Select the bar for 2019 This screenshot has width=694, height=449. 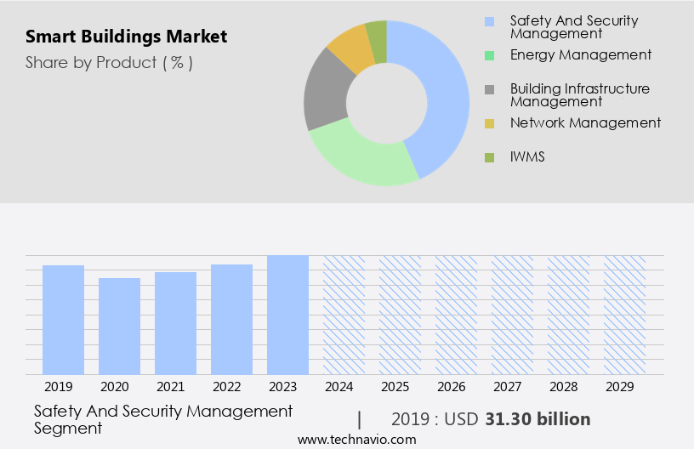(x=63, y=320)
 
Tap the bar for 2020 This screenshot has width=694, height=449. (x=119, y=326)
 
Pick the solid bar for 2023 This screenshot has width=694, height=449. (x=287, y=315)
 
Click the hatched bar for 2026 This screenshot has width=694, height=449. (x=456, y=315)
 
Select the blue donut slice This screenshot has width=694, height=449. (x=442, y=94)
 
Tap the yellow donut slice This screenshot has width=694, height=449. (x=351, y=48)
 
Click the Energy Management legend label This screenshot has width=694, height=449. (x=581, y=55)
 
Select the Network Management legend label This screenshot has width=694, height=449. (x=585, y=123)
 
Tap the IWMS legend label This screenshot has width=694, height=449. (x=527, y=157)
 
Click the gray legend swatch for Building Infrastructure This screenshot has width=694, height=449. (x=489, y=89)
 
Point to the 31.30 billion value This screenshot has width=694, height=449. (x=538, y=419)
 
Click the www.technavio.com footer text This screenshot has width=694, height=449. (x=357, y=440)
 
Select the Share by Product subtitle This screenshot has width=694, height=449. (x=109, y=63)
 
